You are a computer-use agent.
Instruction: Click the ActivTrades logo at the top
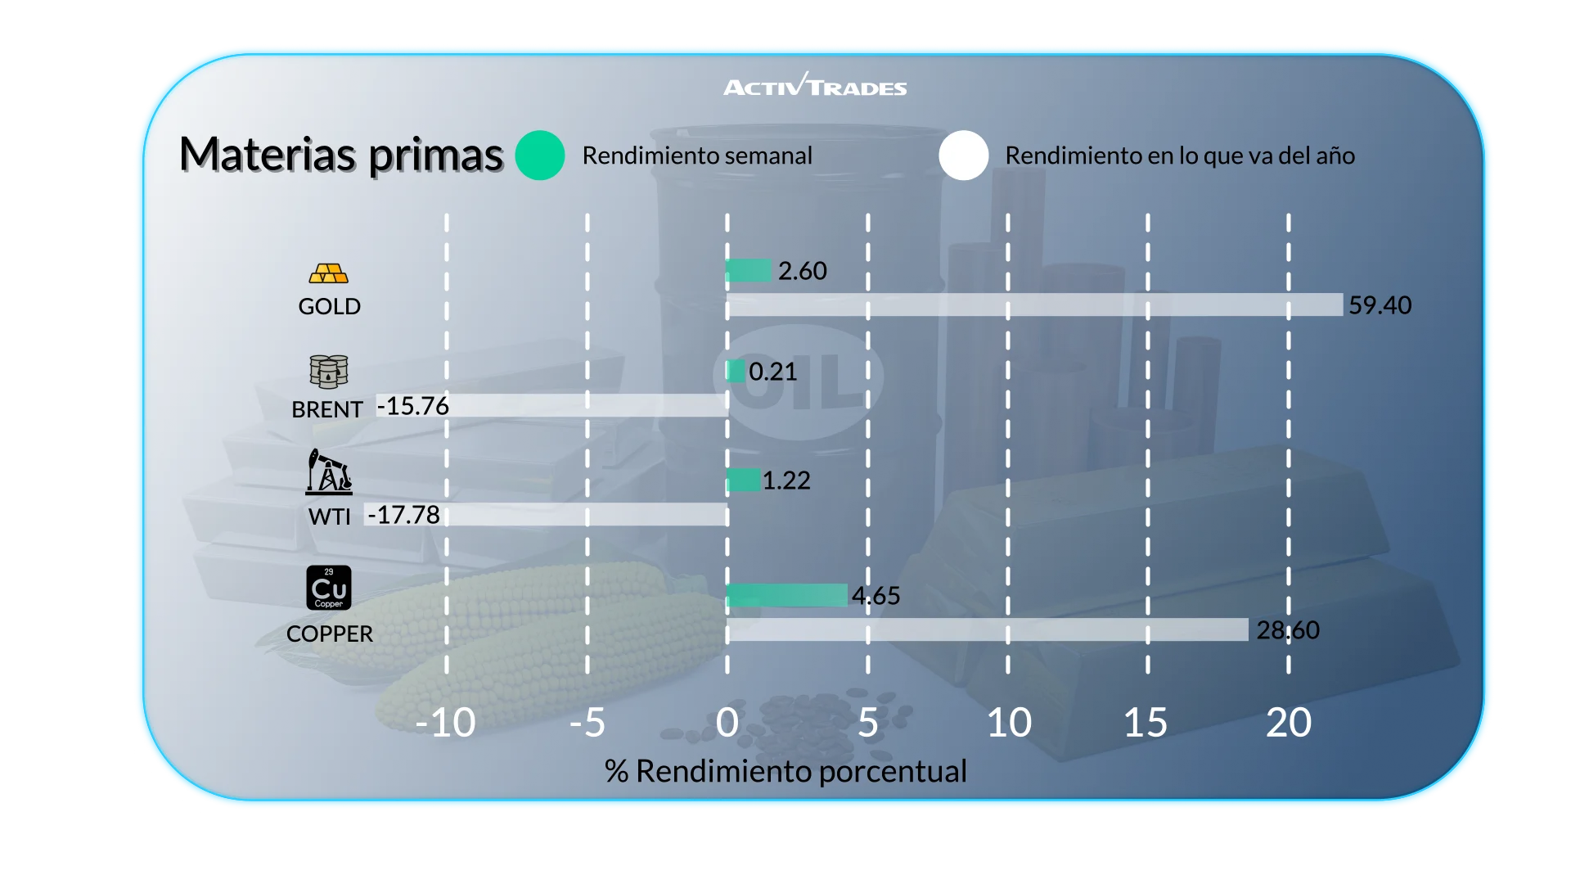pos(815,86)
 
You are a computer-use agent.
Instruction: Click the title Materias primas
pos(340,155)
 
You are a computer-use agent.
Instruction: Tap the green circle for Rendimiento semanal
pos(540,156)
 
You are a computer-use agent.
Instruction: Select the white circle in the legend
pos(964,156)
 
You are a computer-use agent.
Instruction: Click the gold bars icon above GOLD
pos(329,273)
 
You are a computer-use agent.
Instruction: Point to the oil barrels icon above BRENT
pos(329,372)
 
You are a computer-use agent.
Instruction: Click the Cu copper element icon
pos(329,588)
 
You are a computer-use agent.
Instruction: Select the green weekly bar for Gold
pos(749,270)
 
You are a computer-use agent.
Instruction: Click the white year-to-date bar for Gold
pos(1035,305)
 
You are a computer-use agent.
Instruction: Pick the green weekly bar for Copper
pos(786,595)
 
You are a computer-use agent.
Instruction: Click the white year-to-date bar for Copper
pos(987,629)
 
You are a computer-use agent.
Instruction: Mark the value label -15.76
pos(413,406)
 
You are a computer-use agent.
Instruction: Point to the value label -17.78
pos(404,515)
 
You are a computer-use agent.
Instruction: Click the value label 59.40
pos(1380,305)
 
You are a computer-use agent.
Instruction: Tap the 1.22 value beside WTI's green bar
pos(786,480)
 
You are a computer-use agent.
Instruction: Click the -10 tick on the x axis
pos(446,723)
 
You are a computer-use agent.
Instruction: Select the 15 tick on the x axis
pos(1146,723)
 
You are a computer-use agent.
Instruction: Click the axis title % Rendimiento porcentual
pos(785,771)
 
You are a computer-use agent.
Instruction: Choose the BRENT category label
pos(327,409)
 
